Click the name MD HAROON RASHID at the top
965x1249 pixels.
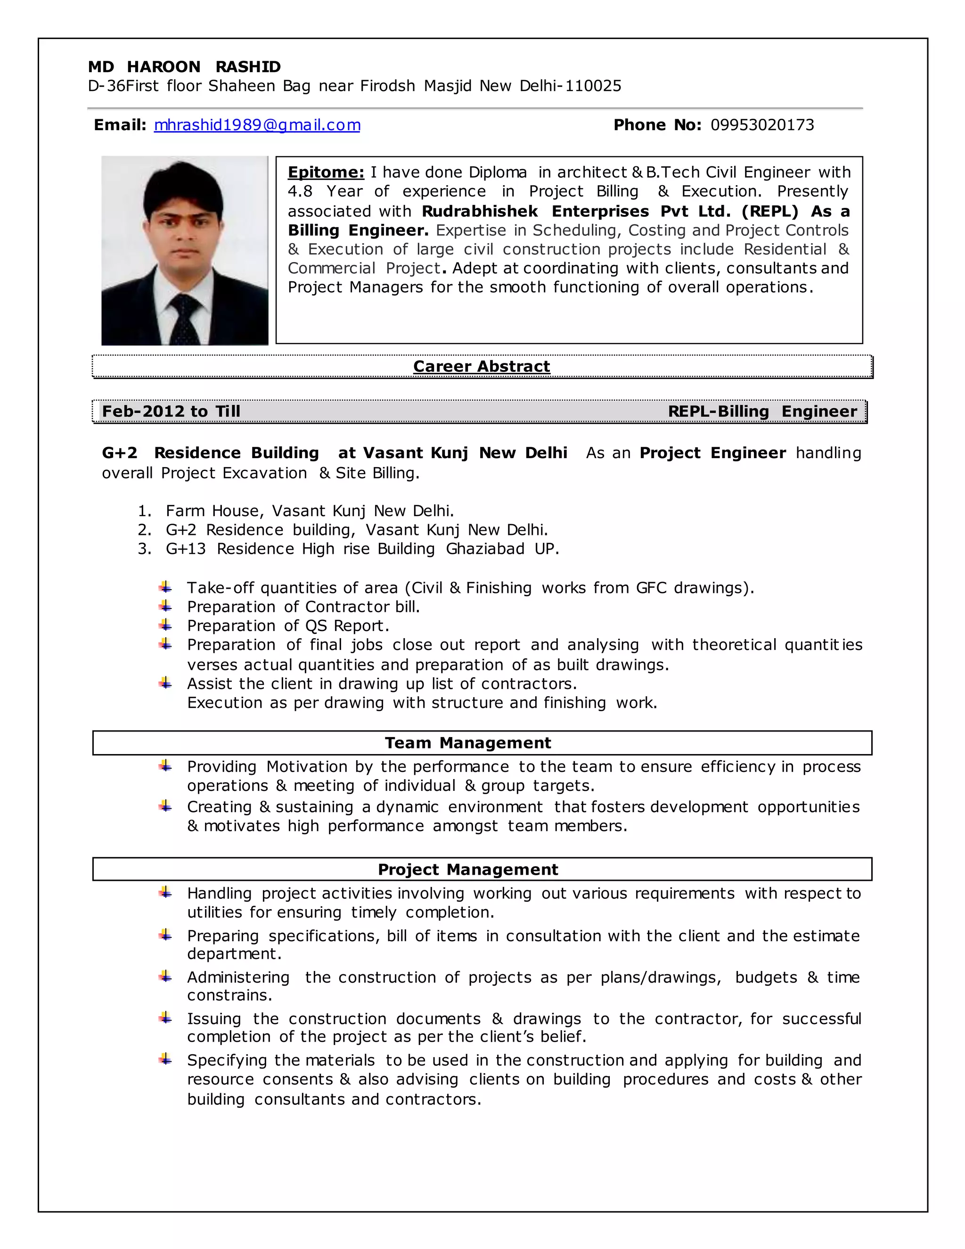tap(184, 67)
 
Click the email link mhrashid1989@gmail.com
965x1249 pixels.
tap(257, 125)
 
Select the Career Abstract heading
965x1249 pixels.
tap(482, 366)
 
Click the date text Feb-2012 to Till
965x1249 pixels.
tap(171, 411)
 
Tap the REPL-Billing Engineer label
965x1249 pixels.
tap(762, 411)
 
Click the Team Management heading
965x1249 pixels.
tap(467, 742)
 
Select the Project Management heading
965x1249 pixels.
tap(467, 869)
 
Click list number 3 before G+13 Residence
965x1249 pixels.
tap(144, 549)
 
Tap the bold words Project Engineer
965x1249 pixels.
tap(712, 453)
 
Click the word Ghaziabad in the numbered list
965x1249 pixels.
tap(485, 549)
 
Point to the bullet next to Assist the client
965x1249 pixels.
tap(165, 682)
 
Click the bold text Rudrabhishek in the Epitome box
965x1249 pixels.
tap(480, 211)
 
